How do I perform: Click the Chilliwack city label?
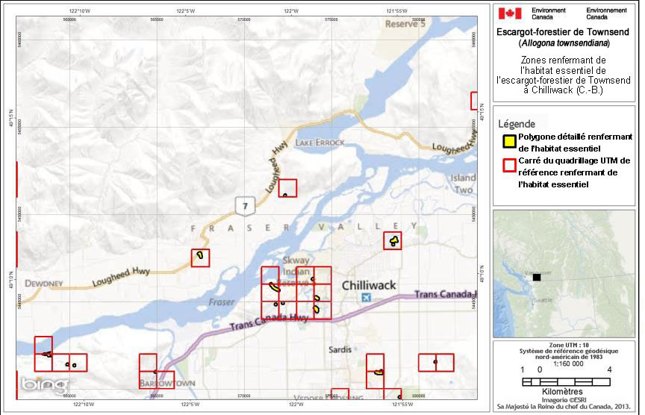pos(369,285)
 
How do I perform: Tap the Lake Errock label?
pos(320,142)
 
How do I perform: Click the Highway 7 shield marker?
pos(244,203)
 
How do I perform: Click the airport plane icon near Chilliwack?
pos(364,298)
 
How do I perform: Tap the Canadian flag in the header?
pos(510,13)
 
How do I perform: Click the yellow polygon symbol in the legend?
pos(508,140)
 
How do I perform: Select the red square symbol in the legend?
pos(508,162)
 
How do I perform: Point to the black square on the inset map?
pos(536,277)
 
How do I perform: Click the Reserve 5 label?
pos(405,24)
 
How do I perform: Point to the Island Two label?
pos(463,184)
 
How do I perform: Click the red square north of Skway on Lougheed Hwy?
pos(287,188)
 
